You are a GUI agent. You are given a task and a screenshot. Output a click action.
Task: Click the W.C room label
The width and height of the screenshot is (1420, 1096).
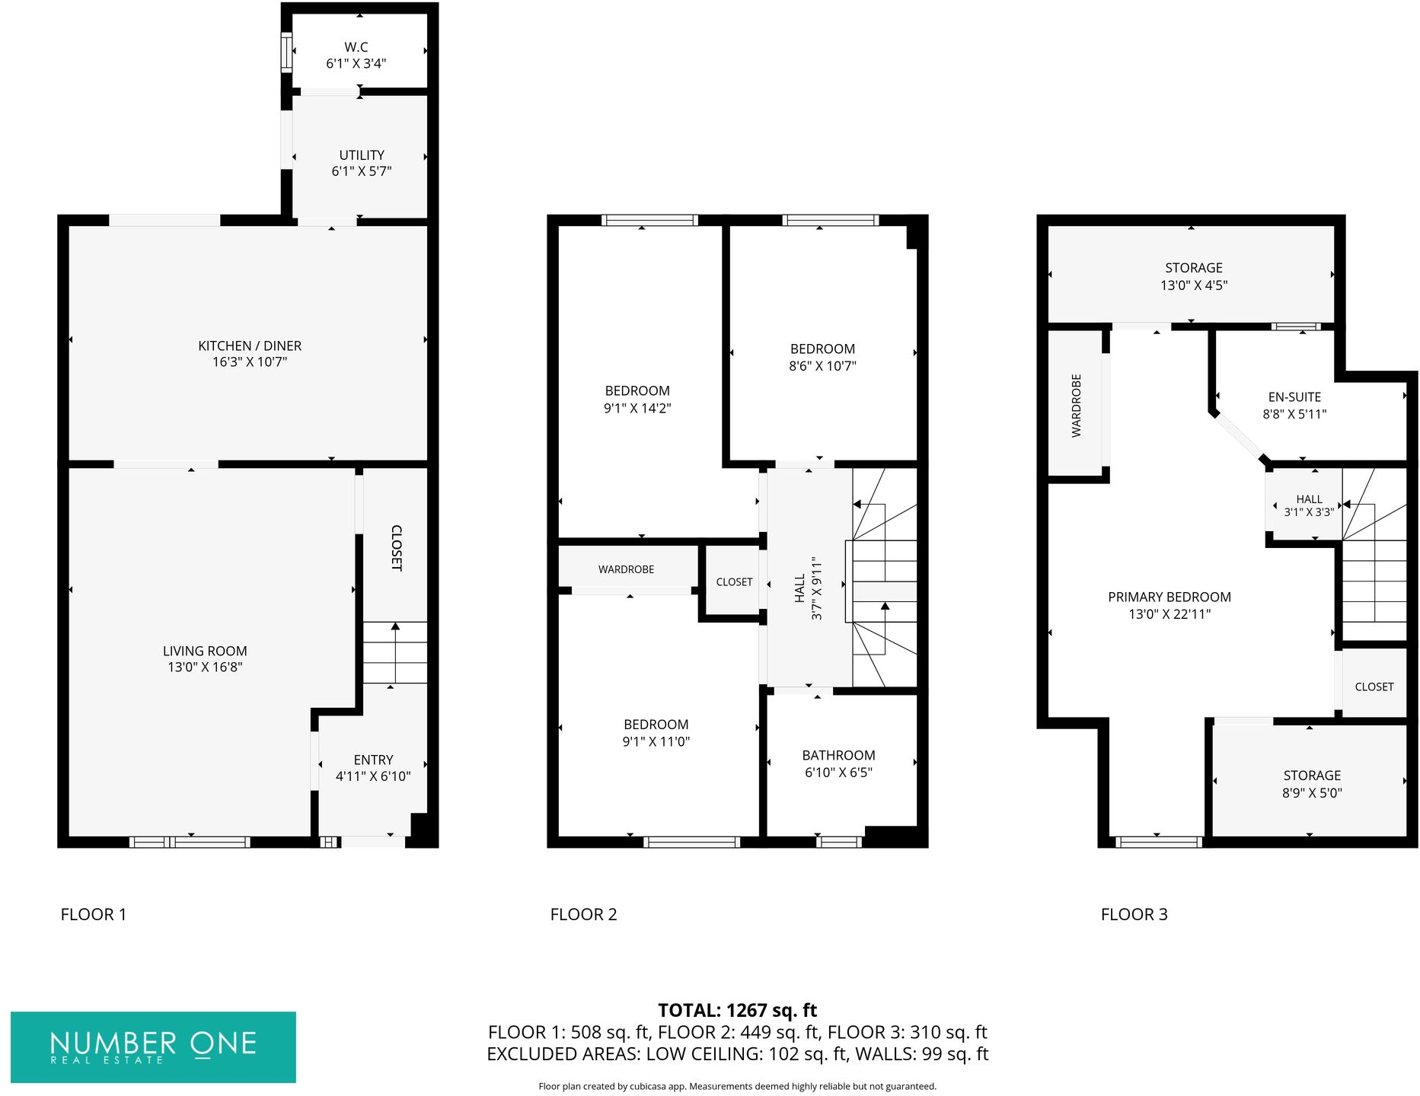(356, 47)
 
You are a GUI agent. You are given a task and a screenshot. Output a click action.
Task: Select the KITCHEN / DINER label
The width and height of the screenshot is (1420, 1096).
(250, 346)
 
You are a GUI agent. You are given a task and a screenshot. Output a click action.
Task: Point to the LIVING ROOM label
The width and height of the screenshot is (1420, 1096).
(205, 651)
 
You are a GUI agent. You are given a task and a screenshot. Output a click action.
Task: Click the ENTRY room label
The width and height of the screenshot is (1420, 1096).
(373, 760)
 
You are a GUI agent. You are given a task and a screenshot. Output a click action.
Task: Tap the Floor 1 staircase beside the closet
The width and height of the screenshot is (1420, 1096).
(394, 653)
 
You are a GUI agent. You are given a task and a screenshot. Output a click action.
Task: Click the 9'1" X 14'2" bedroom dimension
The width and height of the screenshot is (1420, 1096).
(637, 408)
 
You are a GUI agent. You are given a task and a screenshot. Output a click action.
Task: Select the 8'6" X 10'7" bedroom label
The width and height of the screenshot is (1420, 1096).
(822, 358)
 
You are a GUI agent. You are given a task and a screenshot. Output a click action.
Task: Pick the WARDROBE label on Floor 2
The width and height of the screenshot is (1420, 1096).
(626, 569)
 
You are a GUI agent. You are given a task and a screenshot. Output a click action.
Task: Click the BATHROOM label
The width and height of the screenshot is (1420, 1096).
(838, 755)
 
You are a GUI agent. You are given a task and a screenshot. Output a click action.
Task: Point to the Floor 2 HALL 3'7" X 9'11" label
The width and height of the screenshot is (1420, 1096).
(808, 588)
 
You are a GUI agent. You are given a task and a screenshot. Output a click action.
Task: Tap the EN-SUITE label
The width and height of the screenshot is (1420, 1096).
(1294, 397)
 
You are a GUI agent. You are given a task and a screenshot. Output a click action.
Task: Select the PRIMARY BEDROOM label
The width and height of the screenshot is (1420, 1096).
(1170, 597)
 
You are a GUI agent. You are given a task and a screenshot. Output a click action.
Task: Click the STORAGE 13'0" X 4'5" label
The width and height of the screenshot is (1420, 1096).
(1194, 276)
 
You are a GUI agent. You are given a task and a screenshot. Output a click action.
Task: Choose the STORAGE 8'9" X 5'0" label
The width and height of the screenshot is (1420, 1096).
(1312, 784)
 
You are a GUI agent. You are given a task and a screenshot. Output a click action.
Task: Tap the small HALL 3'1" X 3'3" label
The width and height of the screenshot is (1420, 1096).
(1309, 505)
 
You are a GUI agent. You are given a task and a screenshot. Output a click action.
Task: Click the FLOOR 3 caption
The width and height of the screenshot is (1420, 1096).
(1134, 914)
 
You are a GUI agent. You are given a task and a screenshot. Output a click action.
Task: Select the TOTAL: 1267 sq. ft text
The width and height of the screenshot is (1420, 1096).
(737, 1010)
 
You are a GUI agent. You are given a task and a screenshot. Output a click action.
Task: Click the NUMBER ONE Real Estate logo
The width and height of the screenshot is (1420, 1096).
(153, 1047)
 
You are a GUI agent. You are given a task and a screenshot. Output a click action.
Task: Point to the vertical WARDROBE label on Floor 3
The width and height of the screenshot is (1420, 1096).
(1077, 405)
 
